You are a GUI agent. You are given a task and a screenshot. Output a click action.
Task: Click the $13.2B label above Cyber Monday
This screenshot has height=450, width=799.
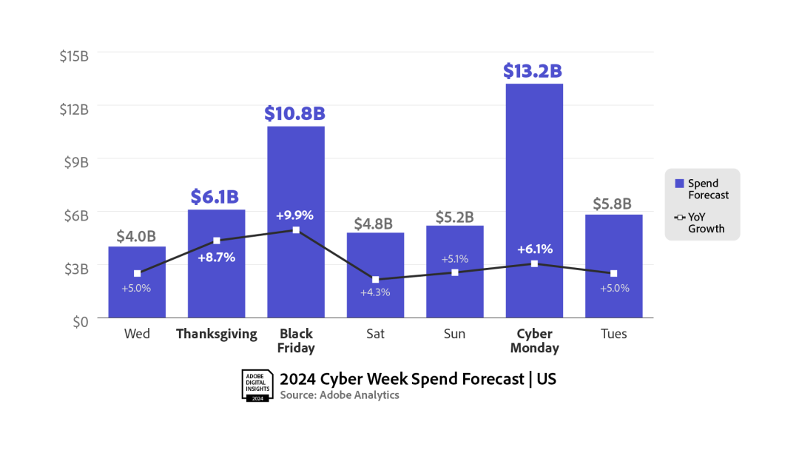coord(533,71)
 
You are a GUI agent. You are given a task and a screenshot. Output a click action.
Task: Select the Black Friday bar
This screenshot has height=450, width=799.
coord(296,281)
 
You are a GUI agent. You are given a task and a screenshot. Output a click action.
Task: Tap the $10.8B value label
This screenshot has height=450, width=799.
coord(295,114)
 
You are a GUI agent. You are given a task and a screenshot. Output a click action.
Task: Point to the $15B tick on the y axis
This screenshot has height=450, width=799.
coord(74,55)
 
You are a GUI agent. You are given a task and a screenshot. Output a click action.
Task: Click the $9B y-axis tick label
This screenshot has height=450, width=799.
coord(75,161)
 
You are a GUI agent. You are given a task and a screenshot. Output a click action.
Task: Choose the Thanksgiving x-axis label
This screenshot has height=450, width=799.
coord(217,334)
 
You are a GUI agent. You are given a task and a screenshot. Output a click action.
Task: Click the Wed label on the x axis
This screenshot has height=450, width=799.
coord(137,334)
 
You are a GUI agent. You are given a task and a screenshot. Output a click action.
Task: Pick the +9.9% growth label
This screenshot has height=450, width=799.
coord(295,215)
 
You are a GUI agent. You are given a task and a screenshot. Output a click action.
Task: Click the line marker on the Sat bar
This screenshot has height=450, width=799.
coord(375,280)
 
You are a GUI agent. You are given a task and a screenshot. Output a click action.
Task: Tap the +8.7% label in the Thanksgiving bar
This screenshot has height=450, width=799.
coord(217,258)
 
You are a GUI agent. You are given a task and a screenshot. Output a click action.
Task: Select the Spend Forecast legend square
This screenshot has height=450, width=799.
coord(679,184)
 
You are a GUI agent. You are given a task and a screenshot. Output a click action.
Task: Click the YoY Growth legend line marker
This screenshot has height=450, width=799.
coord(679,217)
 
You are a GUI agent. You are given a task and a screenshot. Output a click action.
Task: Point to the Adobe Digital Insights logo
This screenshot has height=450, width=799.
coord(257,385)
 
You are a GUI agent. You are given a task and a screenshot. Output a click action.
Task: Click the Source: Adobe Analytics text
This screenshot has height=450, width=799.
coord(340,395)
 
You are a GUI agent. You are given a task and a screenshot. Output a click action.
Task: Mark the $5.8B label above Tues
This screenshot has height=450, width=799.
coord(613,204)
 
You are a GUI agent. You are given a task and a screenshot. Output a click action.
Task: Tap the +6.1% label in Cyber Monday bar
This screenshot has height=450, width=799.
coord(534,249)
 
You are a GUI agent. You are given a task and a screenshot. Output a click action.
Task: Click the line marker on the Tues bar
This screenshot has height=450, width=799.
coord(613,274)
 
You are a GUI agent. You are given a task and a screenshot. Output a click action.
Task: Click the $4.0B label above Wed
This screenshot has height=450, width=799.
coord(136,236)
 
